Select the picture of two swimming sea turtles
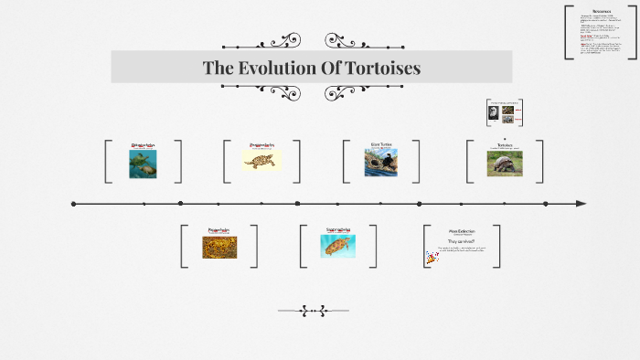click(x=143, y=164)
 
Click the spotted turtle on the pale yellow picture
click(x=261, y=161)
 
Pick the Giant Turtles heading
click(x=381, y=143)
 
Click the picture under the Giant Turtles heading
click(x=380, y=163)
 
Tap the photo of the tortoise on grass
click(x=505, y=164)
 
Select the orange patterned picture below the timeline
click(x=219, y=248)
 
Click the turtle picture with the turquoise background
click(x=337, y=246)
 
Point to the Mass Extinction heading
click(x=463, y=231)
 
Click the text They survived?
click(x=461, y=241)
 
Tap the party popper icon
click(x=431, y=259)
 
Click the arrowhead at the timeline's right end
click(x=581, y=203)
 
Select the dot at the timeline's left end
click(x=74, y=204)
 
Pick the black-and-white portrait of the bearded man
click(x=494, y=113)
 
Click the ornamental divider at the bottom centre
click(x=314, y=312)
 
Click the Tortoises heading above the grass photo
click(x=505, y=144)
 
